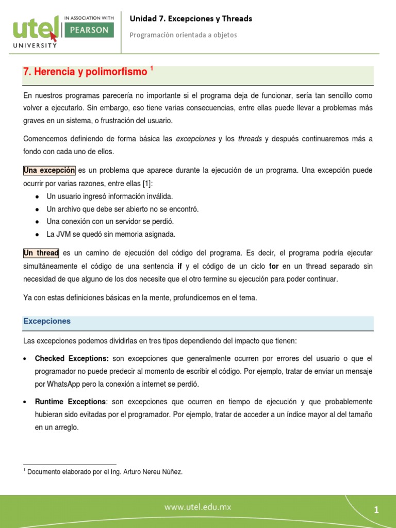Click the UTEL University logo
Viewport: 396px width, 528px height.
(34, 31)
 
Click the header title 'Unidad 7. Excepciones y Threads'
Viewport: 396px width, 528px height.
(191, 19)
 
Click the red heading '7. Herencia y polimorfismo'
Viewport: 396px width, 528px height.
(85, 72)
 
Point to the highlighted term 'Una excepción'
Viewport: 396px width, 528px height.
(49, 171)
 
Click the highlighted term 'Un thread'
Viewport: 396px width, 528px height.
(41, 253)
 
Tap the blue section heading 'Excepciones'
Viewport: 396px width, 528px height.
(47, 321)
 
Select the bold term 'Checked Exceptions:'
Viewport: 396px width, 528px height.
(72, 358)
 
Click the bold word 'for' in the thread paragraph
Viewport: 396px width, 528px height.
(274, 266)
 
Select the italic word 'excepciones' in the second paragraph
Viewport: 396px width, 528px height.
(195, 139)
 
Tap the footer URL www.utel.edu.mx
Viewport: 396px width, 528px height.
(198, 507)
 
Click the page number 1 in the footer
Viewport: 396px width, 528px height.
(376, 510)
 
